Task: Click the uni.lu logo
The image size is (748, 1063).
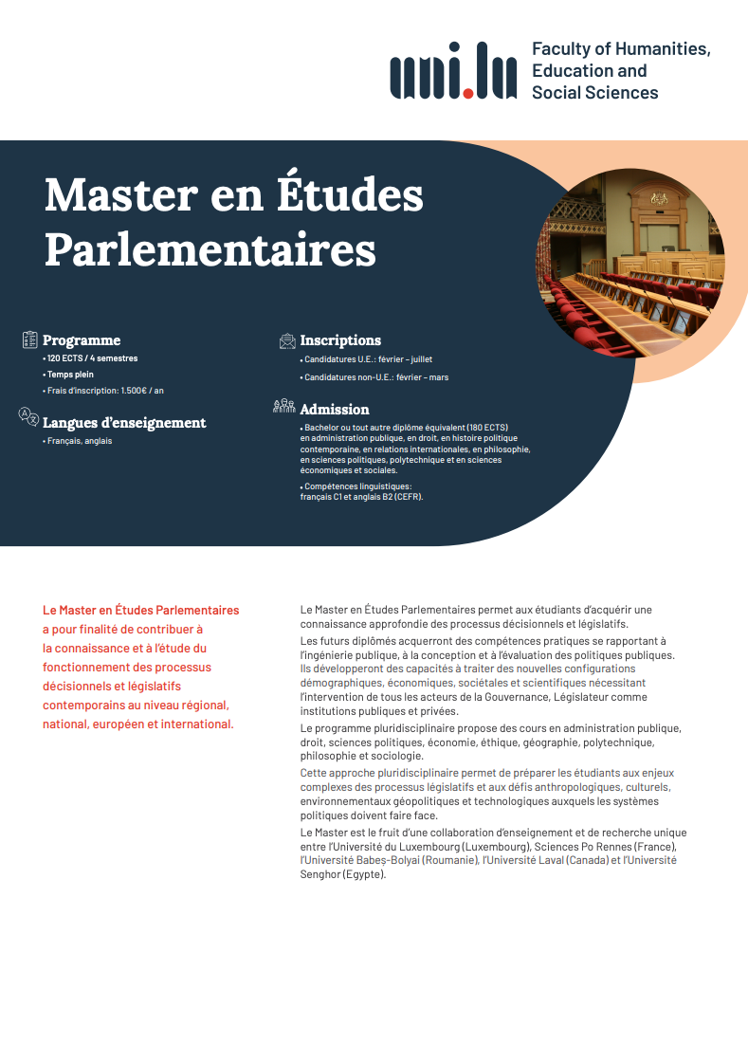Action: pyautogui.click(x=453, y=71)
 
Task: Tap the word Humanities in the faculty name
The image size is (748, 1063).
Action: pyautogui.click(x=662, y=48)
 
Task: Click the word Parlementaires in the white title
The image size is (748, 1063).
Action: pyautogui.click(x=210, y=249)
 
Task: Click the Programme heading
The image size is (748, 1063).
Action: pyautogui.click(x=82, y=340)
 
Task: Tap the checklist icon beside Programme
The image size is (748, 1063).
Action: pyautogui.click(x=29, y=339)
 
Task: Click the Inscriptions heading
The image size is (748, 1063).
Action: pyautogui.click(x=340, y=340)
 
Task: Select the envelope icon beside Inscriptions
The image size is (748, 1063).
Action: pyautogui.click(x=287, y=340)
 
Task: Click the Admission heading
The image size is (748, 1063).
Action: pyautogui.click(x=335, y=410)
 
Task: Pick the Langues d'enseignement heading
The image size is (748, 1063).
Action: pyautogui.click(x=124, y=423)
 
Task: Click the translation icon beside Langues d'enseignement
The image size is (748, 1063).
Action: pyautogui.click(x=29, y=416)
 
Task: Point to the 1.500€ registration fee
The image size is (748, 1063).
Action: pyautogui.click(x=137, y=391)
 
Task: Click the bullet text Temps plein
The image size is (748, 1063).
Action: pyautogui.click(x=71, y=375)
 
